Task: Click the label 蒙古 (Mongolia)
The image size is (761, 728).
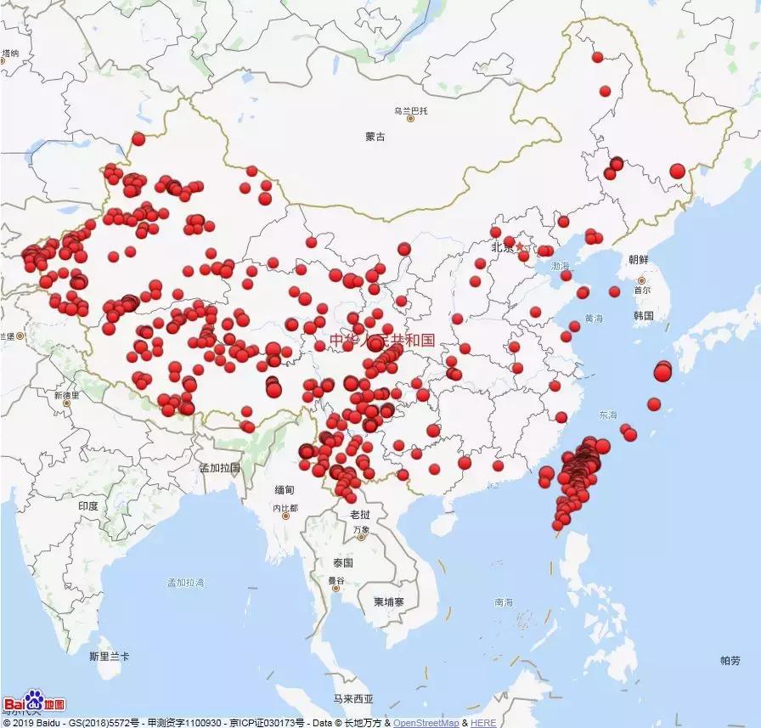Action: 375,137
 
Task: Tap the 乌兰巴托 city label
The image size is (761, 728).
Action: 411,111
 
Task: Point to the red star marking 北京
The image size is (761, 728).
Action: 520,247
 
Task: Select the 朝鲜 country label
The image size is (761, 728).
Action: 639,259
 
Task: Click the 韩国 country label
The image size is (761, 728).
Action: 643,315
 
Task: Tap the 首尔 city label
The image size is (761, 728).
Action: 641,289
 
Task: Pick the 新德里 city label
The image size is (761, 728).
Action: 66,395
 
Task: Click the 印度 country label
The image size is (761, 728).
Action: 88,505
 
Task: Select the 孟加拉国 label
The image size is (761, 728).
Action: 219,467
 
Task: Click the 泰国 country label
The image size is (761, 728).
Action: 343,562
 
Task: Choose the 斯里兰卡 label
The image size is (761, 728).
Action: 109,657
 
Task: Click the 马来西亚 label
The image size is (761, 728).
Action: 352,699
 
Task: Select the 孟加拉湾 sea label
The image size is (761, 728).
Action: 185,583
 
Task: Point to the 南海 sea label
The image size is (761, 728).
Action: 504,602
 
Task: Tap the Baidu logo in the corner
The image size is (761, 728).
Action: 34,703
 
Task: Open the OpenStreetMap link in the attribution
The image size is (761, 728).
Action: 426,723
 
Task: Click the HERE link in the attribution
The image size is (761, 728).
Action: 483,723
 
